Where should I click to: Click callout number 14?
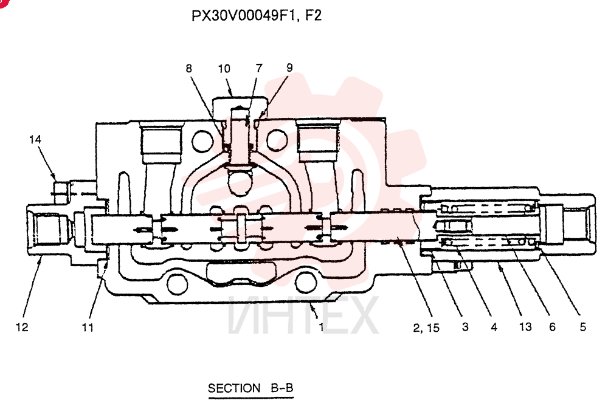coord(35,139)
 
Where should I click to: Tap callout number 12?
coord(22,327)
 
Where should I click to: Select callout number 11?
coord(88,328)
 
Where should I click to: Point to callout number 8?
coord(189,69)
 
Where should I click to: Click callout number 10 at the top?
coord(224,69)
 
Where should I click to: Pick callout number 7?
coord(259,68)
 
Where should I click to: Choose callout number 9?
coord(289,68)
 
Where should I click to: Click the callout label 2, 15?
coord(426,328)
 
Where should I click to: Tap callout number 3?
coord(465,327)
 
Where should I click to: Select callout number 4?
coord(494,327)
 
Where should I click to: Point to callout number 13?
coord(525,327)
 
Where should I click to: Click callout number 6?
coord(553,327)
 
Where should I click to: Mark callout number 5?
coord(583,327)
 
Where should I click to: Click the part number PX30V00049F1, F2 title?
coord(257,16)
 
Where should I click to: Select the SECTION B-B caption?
coord(250,388)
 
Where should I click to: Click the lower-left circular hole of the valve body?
coord(177,285)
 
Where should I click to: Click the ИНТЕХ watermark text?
coord(303,315)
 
